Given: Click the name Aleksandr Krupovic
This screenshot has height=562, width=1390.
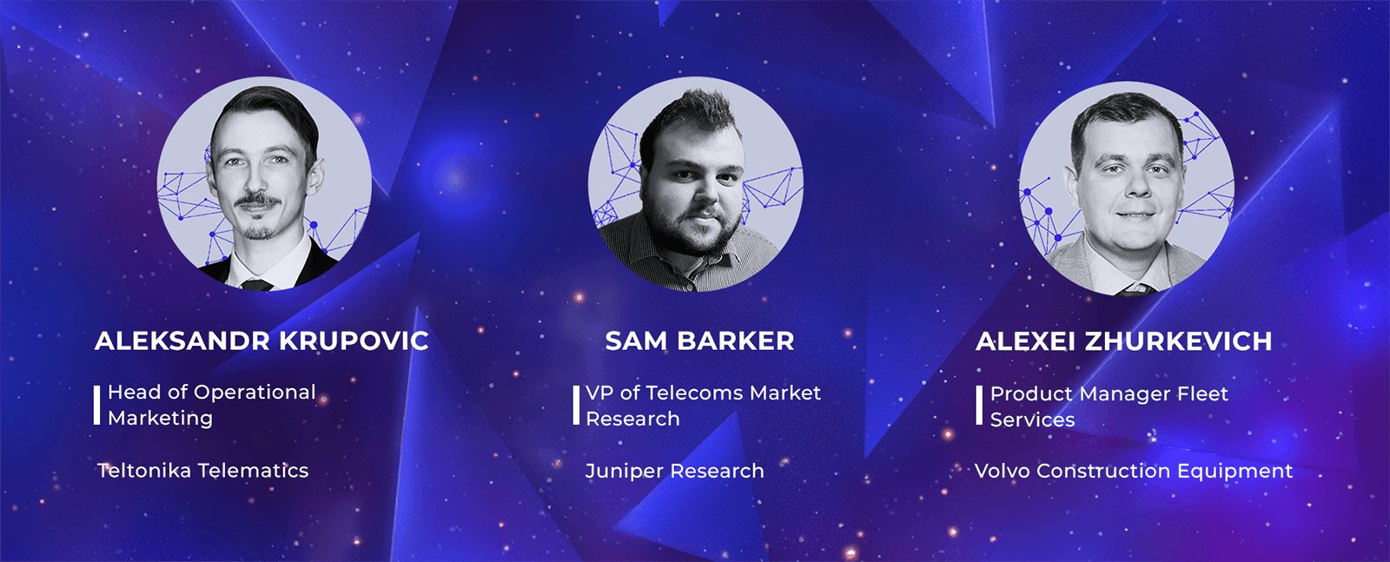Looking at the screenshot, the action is coord(261,341).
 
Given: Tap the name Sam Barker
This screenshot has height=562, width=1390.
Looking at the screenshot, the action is coord(699,341).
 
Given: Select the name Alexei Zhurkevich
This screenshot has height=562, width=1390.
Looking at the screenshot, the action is coord(1124,341).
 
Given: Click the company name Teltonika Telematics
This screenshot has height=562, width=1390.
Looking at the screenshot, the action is coord(203,470).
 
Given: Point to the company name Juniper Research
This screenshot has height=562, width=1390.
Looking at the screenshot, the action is coord(674,471).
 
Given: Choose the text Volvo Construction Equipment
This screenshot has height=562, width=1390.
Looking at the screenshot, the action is coord(1134,471).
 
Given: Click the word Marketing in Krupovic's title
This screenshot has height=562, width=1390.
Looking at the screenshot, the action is coord(160,419).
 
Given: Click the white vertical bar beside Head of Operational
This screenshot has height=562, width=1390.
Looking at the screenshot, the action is coord(96,405).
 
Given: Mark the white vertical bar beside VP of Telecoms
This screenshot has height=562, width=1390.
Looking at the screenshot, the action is coord(576,405).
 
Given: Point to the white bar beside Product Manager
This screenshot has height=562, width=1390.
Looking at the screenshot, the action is coord(979,405).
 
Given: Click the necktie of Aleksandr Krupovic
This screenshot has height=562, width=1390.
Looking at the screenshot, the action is coord(257,285).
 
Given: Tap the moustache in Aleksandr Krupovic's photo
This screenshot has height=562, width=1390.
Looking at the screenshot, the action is coord(257,201).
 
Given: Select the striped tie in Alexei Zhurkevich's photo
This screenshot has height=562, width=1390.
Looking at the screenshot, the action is coord(1137,289).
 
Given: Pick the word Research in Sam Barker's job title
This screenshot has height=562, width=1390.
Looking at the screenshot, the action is coord(633,420).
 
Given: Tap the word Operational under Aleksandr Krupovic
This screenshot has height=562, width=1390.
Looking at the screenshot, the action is coord(255,393).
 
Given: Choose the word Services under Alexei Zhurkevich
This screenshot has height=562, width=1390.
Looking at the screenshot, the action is coord(1033,420).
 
